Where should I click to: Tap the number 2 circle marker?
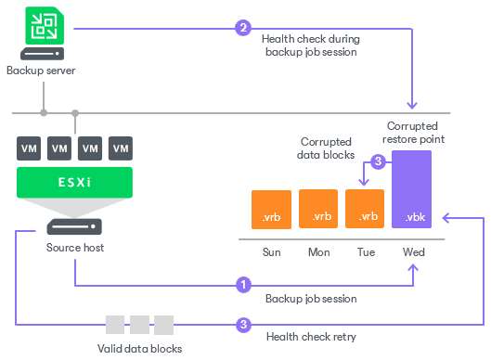pyautogui.click(x=243, y=28)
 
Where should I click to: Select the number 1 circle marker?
pyautogui.click(x=243, y=284)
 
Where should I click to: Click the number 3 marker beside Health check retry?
pyautogui.click(x=243, y=325)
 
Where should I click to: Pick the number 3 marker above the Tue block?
pyautogui.click(x=378, y=161)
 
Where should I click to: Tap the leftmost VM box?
pyautogui.click(x=30, y=148)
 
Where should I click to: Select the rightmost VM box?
pyautogui.click(x=120, y=148)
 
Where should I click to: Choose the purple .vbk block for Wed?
pyautogui.click(x=414, y=191)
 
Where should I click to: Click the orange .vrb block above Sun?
pyautogui.click(x=271, y=208)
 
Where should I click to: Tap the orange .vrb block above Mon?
pyautogui.click(x=318, y=208)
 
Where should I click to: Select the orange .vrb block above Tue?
pyautogui.click(x=365, y=208)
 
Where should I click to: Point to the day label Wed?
pyautogui.click(x=414, y=251)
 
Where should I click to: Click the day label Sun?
pyautogui.click(x=271, y=251)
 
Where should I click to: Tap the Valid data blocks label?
pyautogui.click(x=138, y=348)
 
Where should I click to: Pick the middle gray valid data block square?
pyautogui.click(x=139, y=325)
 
